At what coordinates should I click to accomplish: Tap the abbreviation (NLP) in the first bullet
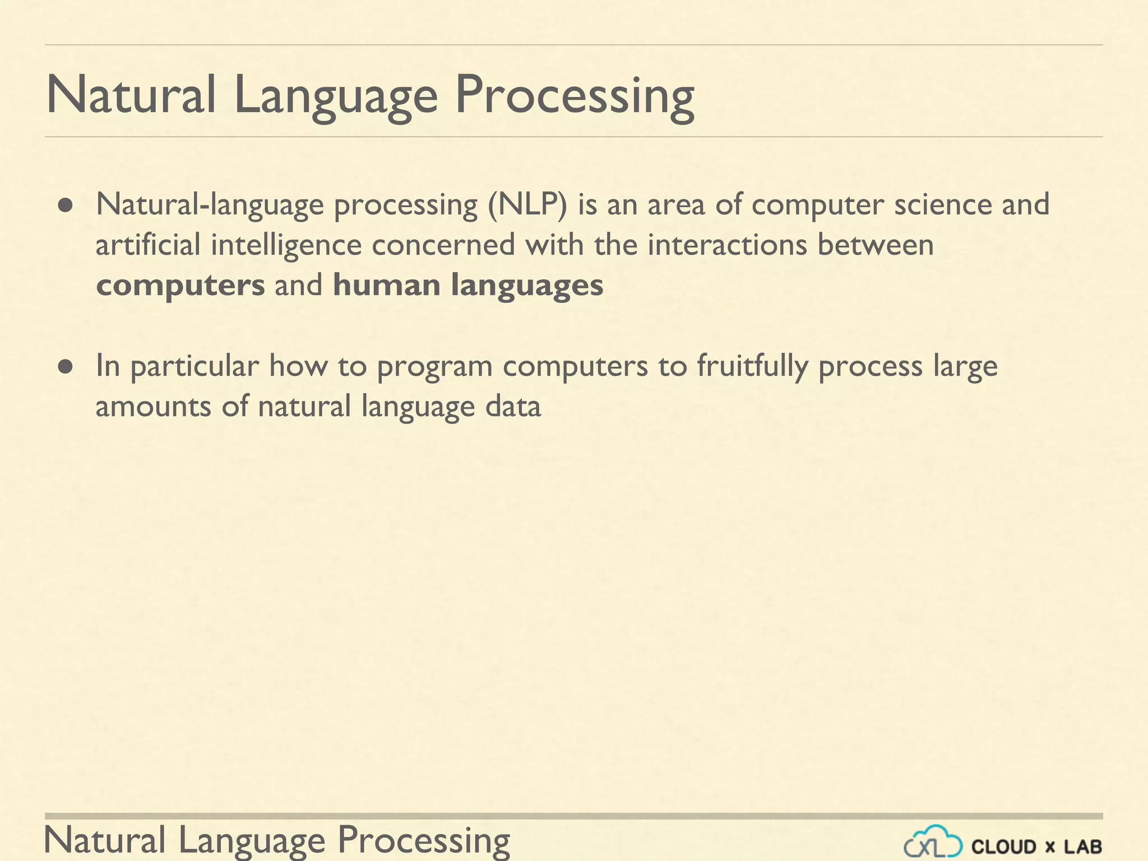[527, 205]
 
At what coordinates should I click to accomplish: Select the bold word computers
[180, 286]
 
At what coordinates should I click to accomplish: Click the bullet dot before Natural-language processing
[66, 206]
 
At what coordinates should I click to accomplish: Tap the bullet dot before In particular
[66, 367]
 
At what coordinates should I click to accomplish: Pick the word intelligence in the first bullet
[286, 246]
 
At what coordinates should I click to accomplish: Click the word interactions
[727, 245]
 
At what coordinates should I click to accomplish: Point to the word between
[875, 245]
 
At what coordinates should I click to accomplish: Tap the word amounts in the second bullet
[153, 407]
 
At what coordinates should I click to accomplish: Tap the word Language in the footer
[252, 841]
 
